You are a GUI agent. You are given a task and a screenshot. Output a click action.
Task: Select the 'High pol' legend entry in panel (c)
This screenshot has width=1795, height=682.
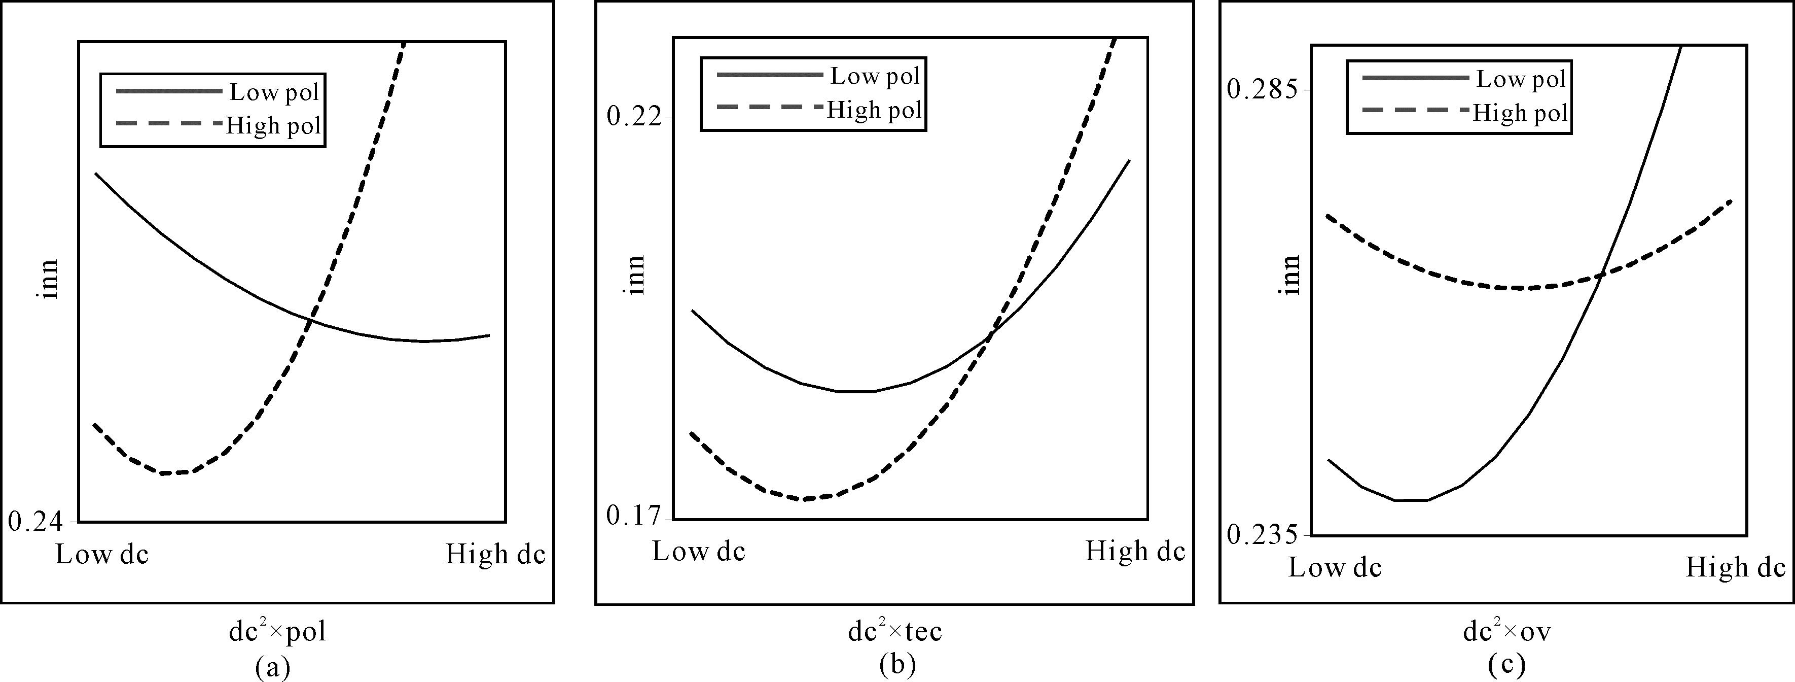coord(1521,113)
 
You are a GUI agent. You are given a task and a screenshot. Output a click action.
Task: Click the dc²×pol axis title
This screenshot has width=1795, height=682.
coord(277,631)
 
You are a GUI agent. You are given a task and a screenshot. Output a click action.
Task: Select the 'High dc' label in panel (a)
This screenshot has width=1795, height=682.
coord(495,555)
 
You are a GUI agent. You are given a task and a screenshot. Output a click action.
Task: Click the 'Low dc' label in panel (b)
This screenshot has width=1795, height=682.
coord(699,552)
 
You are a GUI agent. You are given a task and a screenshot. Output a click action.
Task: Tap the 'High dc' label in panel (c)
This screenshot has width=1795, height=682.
coord(1736,568)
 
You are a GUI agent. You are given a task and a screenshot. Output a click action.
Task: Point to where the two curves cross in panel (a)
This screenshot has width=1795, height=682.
coord(311,320)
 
